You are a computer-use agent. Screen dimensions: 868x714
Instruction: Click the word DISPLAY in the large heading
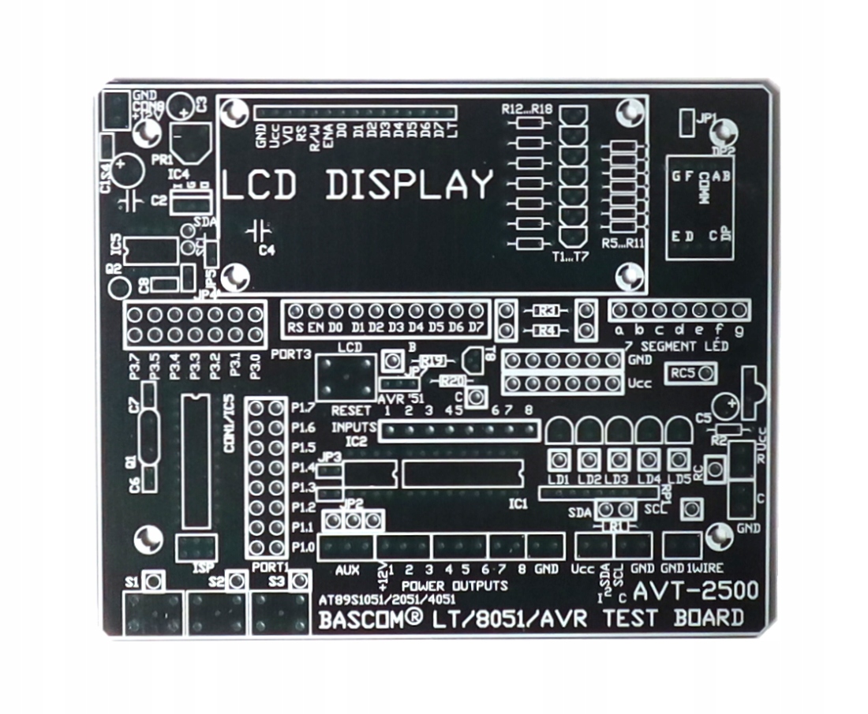(409, 185)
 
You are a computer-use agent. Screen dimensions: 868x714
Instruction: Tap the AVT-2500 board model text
(696, 591)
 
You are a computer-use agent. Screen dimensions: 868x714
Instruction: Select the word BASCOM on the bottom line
(365, 620)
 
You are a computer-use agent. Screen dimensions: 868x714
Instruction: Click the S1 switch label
(132, 582)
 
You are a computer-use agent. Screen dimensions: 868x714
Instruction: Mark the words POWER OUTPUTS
(454, 586)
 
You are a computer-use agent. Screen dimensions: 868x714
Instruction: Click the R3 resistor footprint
(547, 310)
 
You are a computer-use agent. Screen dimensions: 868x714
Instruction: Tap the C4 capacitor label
(268, 251)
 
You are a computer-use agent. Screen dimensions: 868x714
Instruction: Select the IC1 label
(518, 503)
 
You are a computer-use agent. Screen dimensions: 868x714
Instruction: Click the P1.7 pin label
(303, 408)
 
